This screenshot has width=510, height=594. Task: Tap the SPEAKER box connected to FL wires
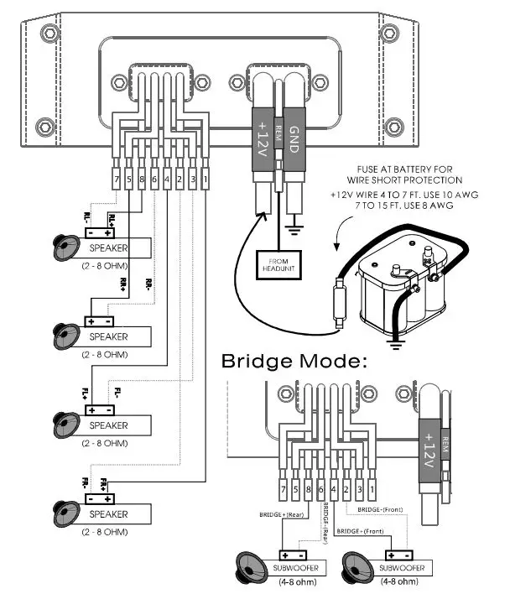(x=107, y=425)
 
